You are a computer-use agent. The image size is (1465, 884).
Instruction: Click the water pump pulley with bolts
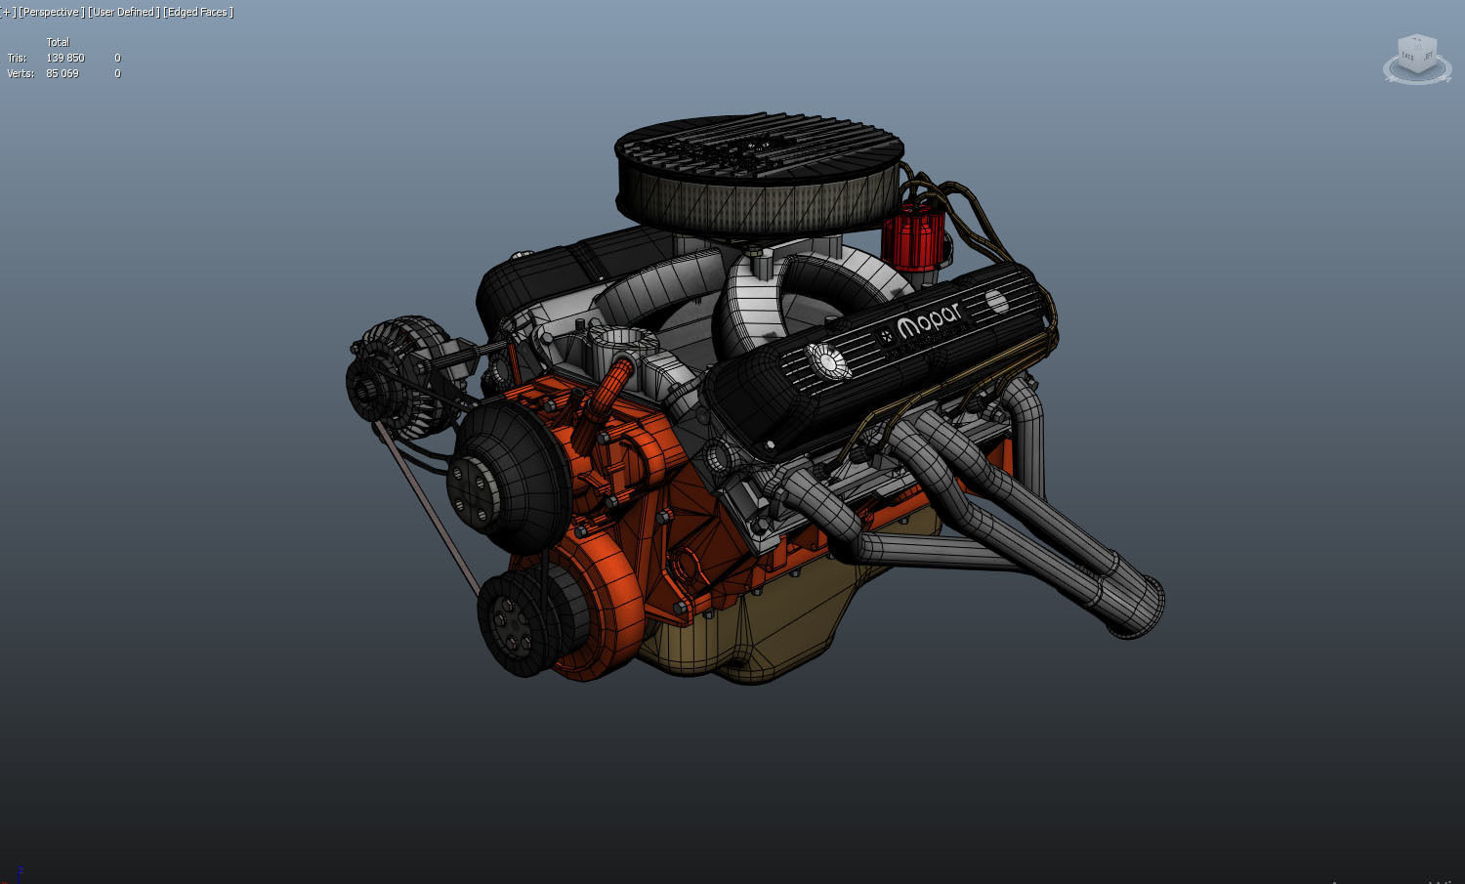click(x=508, y=477)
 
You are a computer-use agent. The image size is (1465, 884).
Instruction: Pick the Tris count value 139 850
click(x=65, y=58)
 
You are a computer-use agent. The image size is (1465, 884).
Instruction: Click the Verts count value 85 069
click(x=63, y=73)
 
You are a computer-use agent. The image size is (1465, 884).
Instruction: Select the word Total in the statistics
click(x=58, y=42)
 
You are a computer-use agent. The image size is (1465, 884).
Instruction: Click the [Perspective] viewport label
click(x=51, y=12)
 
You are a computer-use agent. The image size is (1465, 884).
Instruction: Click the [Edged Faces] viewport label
click(x=198, y=12)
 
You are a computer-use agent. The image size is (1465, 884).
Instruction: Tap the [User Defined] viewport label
click(x=123, y=12)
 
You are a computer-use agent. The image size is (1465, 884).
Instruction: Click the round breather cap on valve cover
click(x=828, y=361)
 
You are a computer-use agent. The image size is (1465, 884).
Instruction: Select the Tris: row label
click(x=17, y=58)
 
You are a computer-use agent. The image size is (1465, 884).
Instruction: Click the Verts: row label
click(x=20, y=73)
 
